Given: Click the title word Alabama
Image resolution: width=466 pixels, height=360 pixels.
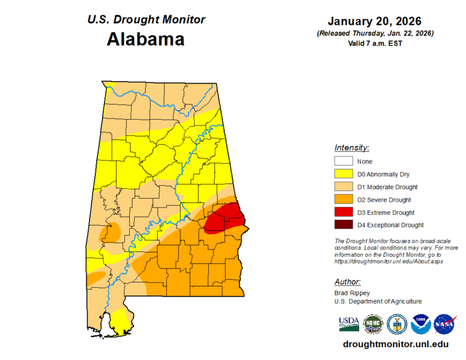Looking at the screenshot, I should (146, 39).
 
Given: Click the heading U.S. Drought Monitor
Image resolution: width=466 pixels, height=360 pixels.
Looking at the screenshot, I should (146, 19).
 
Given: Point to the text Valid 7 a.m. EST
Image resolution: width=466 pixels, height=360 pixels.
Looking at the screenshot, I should (375, 42).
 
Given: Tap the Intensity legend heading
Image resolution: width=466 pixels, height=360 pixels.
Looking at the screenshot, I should (351, 148).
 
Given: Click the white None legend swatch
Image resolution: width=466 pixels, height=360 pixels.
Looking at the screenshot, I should (343, 161).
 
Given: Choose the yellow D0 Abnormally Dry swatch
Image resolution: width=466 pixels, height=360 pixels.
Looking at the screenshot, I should (343, 174).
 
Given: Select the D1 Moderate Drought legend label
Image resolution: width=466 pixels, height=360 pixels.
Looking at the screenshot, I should (387, 187).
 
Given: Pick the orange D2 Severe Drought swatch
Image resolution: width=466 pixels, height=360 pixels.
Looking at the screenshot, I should (343, 200).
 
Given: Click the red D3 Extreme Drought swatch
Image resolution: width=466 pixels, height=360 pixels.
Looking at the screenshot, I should (343, 212).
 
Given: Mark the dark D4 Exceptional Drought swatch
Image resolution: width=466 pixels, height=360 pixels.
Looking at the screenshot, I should (343, 225).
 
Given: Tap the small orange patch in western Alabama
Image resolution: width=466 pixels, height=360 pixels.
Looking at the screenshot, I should (113, 231).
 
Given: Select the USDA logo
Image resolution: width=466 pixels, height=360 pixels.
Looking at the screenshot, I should (348, 324).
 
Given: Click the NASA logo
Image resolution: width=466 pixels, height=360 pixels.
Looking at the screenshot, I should (444, 324).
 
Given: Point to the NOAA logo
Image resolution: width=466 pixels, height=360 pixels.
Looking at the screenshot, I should (420, 324).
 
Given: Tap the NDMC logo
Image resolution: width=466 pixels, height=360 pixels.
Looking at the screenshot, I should (372, 324).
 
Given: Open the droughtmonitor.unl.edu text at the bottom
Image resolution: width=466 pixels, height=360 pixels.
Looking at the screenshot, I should (396, 344).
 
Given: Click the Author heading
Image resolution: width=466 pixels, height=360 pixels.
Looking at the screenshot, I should (347, 282).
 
